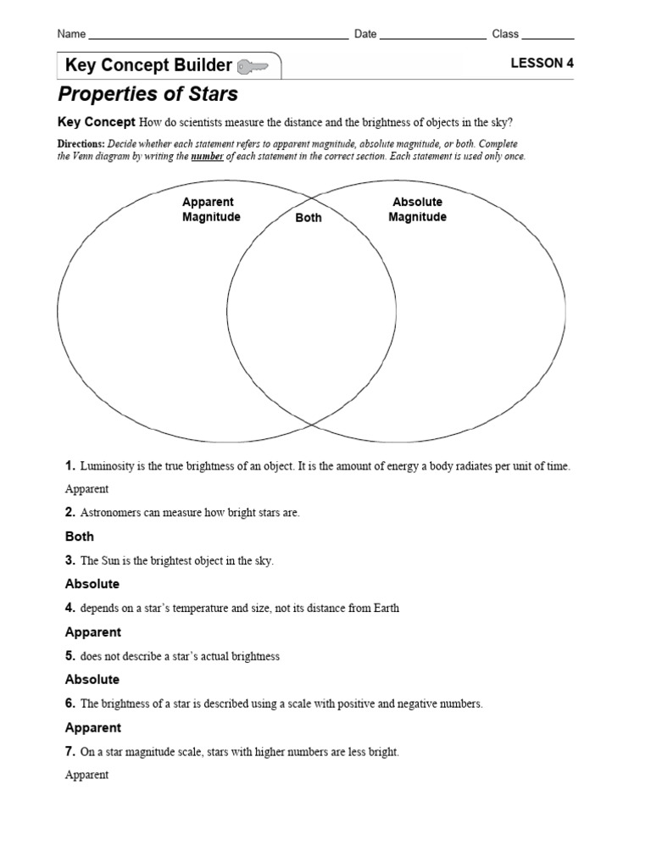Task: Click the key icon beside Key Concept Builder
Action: (x=254, y=66)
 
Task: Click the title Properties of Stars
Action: (x=147, y=93)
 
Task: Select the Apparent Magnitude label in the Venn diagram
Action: (x=211, y=209)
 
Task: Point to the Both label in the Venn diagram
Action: (x=309, y=218)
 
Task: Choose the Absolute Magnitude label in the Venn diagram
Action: (x=417, y=209)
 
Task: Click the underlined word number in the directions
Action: (x=208, y=157)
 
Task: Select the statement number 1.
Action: (x=70, y=465)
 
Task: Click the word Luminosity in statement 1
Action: (x=107, y=466)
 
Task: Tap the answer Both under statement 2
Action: (x=80, y=537)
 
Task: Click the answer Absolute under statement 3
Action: (x=92, y=584)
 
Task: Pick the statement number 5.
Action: (x=70, y=655)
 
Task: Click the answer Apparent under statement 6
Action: (x=93, y=727)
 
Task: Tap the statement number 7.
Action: (x=70, y=751)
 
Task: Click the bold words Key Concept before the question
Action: (x=96, y=121)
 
